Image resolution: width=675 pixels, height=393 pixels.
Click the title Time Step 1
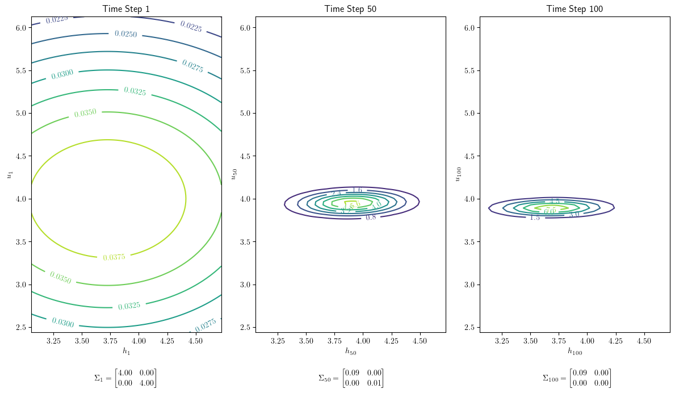click(126, 9)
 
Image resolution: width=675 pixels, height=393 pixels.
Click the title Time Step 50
click(350, 9)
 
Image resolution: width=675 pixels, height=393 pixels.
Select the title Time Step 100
click(575, 9)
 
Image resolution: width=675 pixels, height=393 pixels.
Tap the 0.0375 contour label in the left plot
click(114, 257)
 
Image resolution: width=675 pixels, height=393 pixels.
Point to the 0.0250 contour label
click(125, 34)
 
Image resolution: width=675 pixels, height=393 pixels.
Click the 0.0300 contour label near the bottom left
click(62, 323)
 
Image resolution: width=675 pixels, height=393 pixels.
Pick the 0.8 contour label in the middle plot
click(371, 217)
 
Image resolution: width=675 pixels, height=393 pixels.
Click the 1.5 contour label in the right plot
click(534, 218)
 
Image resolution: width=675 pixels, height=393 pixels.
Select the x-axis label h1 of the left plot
click(126, 352)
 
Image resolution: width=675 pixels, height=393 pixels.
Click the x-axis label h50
click(350, 352)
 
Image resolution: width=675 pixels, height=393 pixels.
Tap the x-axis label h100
click(575, 352)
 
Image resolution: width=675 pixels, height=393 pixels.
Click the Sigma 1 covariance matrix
click(125, 378)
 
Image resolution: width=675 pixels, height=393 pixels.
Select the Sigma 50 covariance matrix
click(351, 378)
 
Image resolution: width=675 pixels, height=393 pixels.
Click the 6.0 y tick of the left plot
click(21, 27)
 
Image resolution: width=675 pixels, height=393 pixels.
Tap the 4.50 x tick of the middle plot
click(420, 341)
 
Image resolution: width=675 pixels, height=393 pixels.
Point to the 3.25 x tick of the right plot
click(502, 341)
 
